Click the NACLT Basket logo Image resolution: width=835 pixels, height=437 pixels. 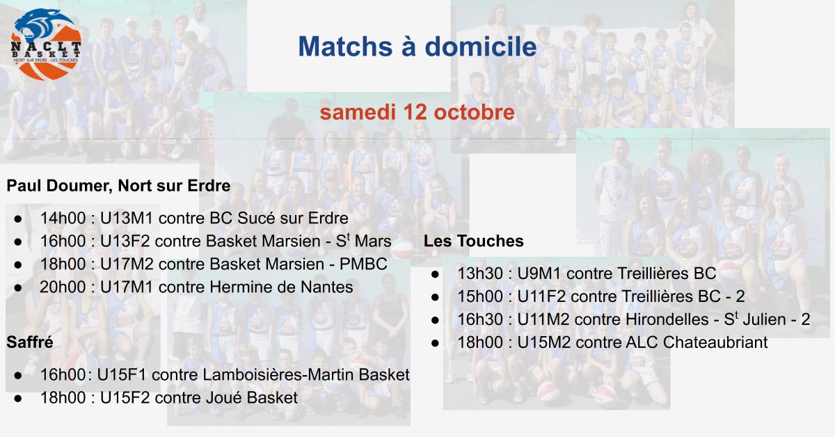(x=46, y=45)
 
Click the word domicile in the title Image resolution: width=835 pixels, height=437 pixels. (x=481, y=47)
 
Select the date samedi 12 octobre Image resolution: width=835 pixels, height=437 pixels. (x=417, y=112)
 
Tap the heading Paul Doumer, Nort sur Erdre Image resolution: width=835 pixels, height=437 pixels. (x=118, y=186)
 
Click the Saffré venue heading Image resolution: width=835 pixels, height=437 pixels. (x=30, y=342)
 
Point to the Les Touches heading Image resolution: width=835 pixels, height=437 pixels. (x=473, y=241)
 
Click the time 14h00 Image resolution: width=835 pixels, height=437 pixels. (x=63, y=218)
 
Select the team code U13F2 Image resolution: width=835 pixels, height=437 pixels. (x=125, y=241)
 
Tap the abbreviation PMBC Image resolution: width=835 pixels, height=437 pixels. (x=363, y=264)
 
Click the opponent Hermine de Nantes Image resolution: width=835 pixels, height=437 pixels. (x=281, y=287)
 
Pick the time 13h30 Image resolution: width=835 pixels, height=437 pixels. (x=480, y=273)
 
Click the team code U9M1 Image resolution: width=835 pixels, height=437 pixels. (x=539, y=273)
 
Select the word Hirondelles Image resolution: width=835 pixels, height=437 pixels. (x=667, y=319)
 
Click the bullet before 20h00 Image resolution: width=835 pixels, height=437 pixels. (x=17, y=288)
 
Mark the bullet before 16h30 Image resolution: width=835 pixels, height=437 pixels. (x=435, y=320)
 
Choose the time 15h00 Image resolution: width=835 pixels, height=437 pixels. (x=480, y=296)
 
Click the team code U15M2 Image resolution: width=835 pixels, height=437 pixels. (x=544, y=342)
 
